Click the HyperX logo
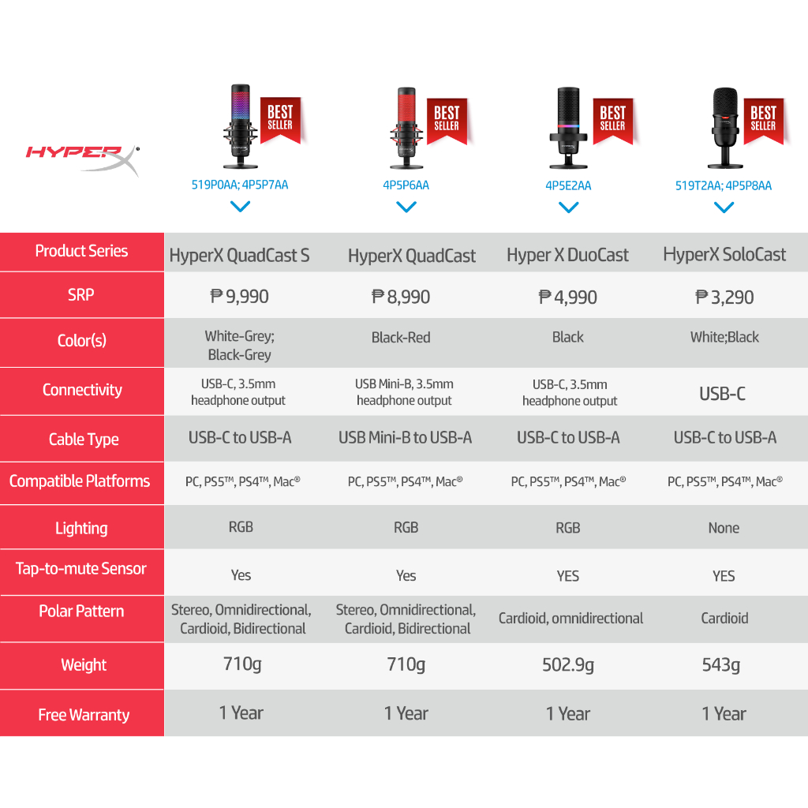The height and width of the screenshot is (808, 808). pos(82,159)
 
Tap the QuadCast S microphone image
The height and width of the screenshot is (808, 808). pos(241,126)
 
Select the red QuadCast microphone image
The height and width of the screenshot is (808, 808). pos(406,128)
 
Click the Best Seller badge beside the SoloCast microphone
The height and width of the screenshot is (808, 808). pos(764,121)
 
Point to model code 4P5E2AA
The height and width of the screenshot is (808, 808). pos(568,185)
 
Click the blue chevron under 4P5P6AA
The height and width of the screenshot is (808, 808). pos(406,207)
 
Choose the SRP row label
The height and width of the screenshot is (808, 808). pos(81,295)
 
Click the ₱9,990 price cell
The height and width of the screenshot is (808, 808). pos(240,297)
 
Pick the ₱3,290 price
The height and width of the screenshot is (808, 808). pos(724,297)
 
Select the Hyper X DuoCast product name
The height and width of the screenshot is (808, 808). pos(567,255)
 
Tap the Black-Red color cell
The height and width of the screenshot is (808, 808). pos(401,338)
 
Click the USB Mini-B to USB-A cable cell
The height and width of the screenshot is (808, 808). pos(405,437)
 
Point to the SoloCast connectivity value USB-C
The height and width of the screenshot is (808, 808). pos(723,394)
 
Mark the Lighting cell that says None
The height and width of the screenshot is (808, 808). pos(724,528)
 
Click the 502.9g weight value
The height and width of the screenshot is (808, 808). pos(568,664)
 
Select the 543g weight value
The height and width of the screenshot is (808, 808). pos(721,664)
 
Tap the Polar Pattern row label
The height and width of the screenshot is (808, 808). pos(81,612)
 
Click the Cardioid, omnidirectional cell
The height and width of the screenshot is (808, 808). pos(570,618)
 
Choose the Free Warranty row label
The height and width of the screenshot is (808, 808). pos(84,715)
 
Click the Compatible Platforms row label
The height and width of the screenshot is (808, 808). pos(80,481)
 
